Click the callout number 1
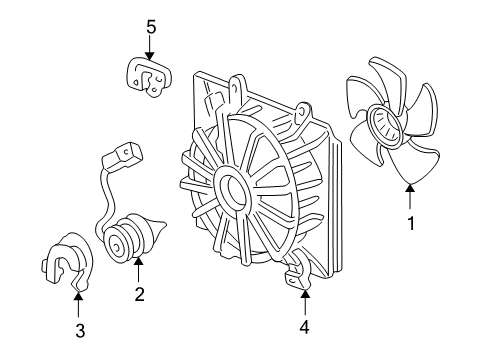(x=411, y=223)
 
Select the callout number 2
(x=139, y=294)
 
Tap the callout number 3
(x=80, y=331)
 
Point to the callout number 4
(x=304, y=327)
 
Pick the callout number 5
(x=151, y=27)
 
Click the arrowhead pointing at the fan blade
(x=410, y=188)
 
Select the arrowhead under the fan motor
(x=139, y=261)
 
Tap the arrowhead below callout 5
(x=150, y=56)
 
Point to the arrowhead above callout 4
(x=305, y=294)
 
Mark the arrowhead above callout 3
(x=78, y=295)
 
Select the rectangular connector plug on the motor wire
(x=123, y=157)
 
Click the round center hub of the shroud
(x=231, y=190)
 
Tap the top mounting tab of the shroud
(x=237, y=89)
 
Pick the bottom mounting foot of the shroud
(x=297, y=275)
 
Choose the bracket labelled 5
(x=149, y=77)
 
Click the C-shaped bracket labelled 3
(x=68, y=262)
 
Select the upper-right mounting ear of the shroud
(x=303, y=112)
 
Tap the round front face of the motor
(x=117, y=246)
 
